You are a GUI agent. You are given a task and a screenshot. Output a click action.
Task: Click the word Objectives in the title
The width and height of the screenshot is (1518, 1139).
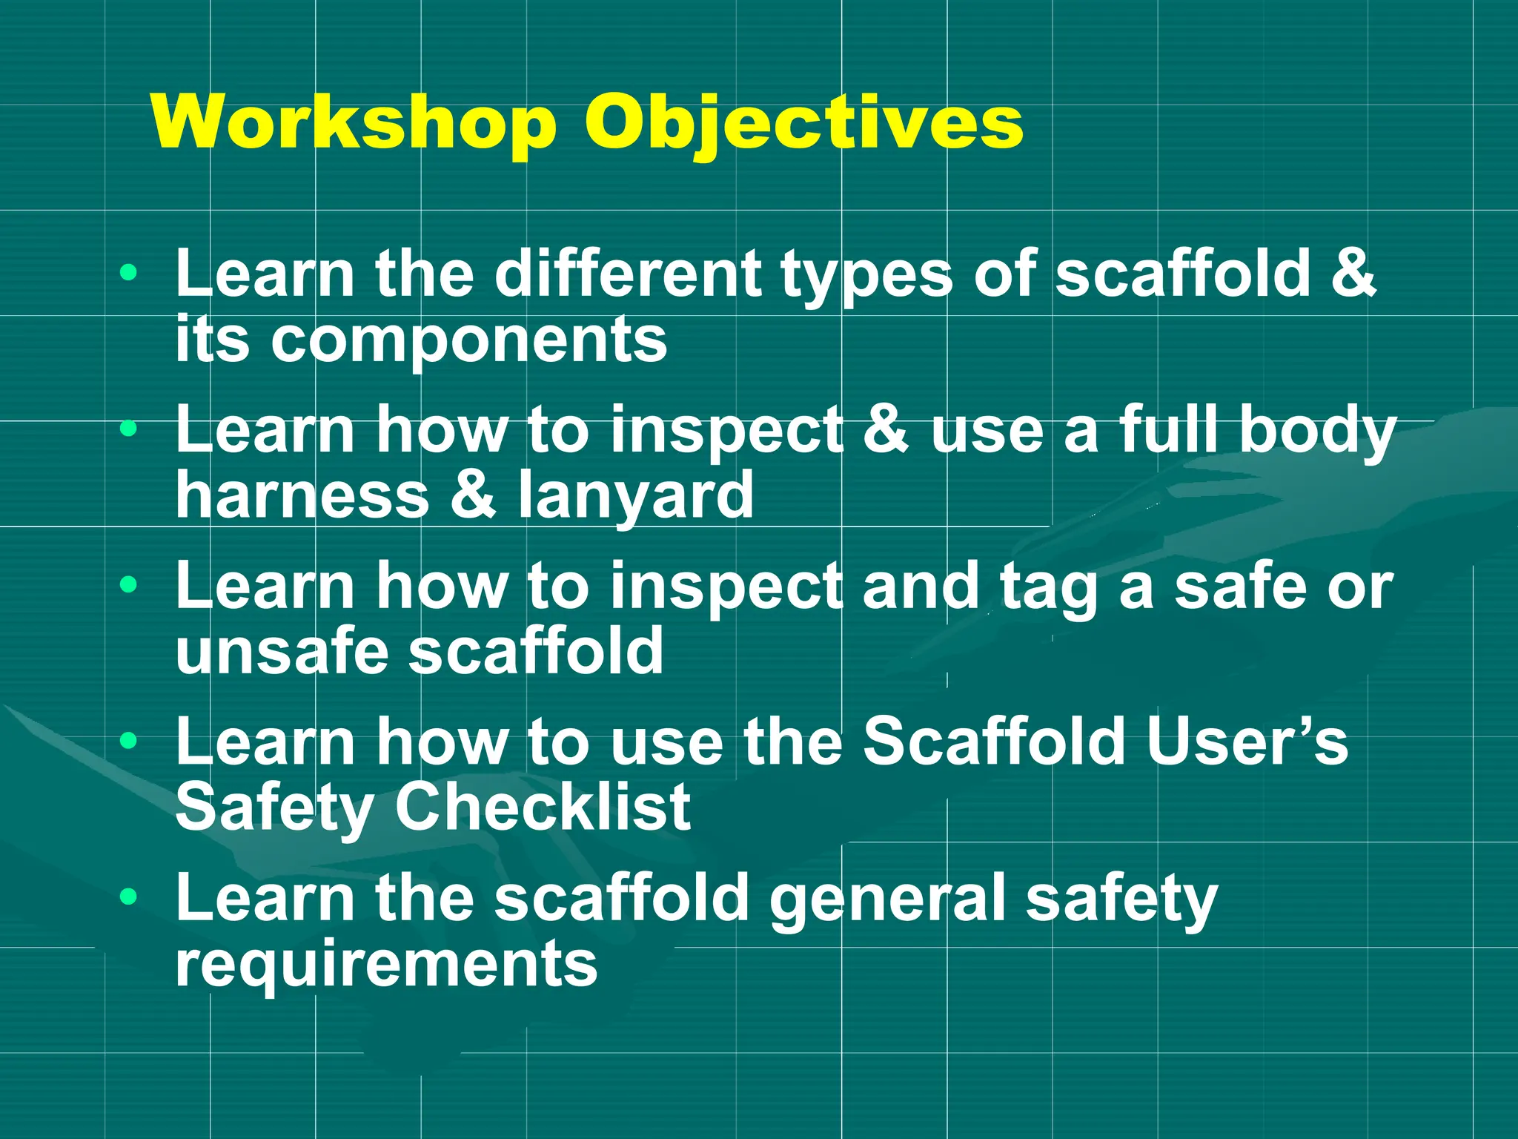(x=803, y=122)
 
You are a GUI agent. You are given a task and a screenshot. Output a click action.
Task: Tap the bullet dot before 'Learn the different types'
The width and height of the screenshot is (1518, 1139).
(x=129, y=272)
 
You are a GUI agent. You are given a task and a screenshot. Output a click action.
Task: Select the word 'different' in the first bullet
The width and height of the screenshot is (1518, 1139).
(x=627, y=274)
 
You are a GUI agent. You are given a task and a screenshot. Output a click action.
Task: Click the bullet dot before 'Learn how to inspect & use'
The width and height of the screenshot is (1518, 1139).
(x=129, y=428)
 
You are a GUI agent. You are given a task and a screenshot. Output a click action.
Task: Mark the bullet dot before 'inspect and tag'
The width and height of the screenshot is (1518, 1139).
(x=129, y=584)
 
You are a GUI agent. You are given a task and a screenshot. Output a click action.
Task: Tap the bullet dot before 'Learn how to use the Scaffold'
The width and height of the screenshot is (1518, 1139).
(x=129, y=740)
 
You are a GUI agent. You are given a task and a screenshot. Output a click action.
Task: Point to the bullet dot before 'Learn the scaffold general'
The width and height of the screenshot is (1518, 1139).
(x=129, y=897)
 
